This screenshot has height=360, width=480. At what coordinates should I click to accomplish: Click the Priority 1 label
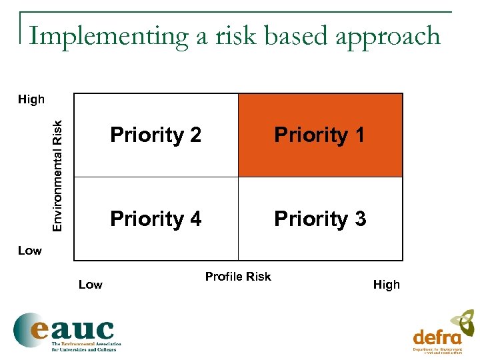(x=319, y=135)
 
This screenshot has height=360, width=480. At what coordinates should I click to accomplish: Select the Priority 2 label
(x=155, y=135)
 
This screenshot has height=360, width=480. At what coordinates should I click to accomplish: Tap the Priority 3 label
(x=319, y=219)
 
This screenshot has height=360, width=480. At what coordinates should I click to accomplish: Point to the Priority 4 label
(x=155, y=219)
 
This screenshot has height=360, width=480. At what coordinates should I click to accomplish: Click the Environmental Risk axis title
(x=58, y=175)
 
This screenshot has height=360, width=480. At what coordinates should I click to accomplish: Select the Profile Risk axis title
(x=238, y=277)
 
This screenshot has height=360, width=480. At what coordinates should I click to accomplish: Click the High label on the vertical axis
(x=31, y=100)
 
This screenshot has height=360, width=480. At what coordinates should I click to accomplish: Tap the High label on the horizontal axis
(x=386, y=285)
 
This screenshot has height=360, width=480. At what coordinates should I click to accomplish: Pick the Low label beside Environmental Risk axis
(x=29, y=251)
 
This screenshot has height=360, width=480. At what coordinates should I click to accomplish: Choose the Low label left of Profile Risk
(x=91, y=285)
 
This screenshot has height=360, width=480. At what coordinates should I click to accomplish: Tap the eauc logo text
(x=73, y=329)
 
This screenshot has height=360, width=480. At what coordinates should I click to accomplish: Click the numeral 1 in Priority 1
(x=359, y=135)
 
